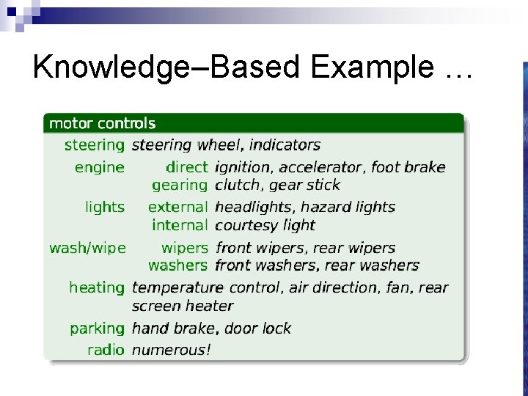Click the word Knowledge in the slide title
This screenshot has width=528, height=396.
[102, 67]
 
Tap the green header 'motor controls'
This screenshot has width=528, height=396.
[102, 123]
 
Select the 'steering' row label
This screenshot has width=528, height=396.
[95, 145]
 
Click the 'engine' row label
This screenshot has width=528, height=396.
[100, 168]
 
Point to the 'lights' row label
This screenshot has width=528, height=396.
[105, 208]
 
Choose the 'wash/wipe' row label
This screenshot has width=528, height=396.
[87, 248]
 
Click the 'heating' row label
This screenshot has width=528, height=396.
[97, 287]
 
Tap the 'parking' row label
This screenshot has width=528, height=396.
[98, 328]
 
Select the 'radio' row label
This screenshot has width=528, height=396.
[106, 350]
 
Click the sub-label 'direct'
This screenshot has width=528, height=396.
[187, 167]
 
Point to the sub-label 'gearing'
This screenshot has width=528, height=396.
[180, 186]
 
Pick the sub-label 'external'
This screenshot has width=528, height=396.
[178, 208]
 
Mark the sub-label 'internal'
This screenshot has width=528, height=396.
[180, 225]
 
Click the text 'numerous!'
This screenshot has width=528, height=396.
[171, 350]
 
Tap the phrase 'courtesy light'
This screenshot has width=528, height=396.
[265, 225]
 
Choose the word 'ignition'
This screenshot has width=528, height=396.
[243, 168]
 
